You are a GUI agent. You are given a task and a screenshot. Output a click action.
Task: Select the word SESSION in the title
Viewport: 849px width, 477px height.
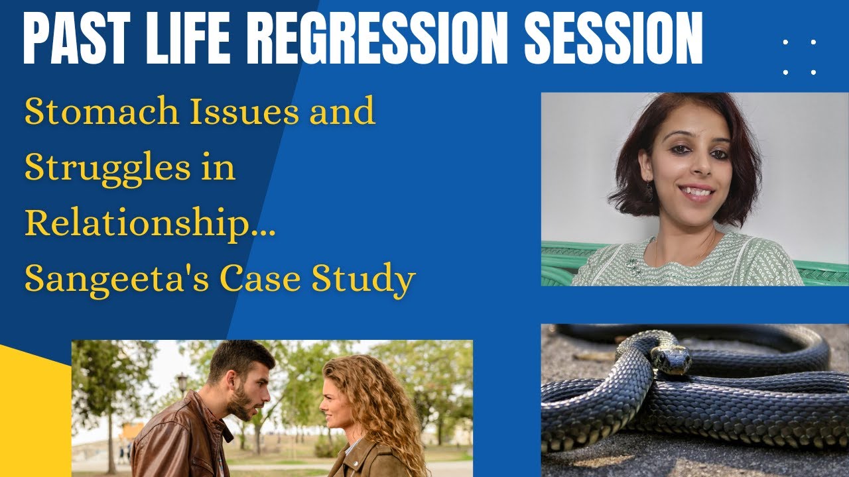[x=614, y=42]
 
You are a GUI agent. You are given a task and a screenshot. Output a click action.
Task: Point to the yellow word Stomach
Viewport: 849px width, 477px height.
[x=100, y=113]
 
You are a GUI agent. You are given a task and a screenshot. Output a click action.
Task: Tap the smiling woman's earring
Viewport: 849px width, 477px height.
[x=649, y=193]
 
